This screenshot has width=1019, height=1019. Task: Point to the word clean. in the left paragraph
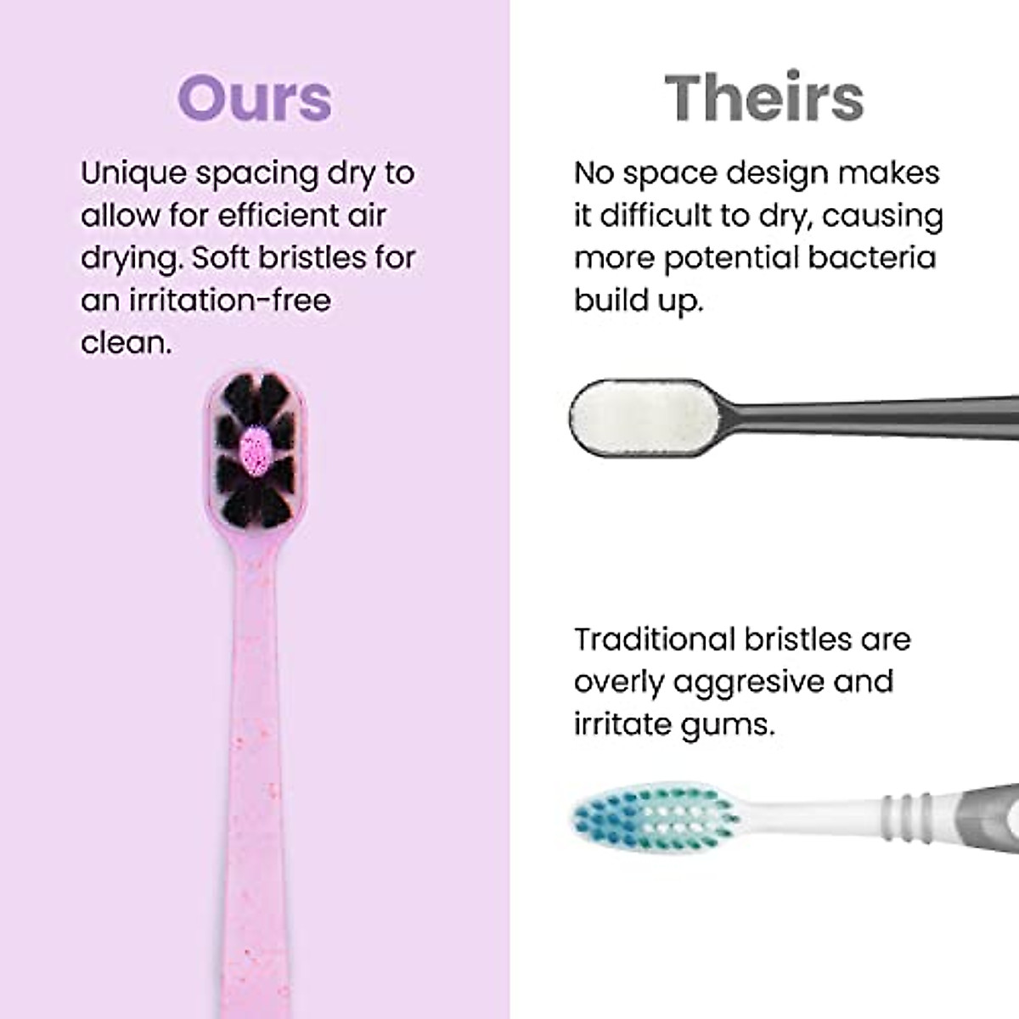[121, 343]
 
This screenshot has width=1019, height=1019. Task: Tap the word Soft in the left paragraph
[222, 258]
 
